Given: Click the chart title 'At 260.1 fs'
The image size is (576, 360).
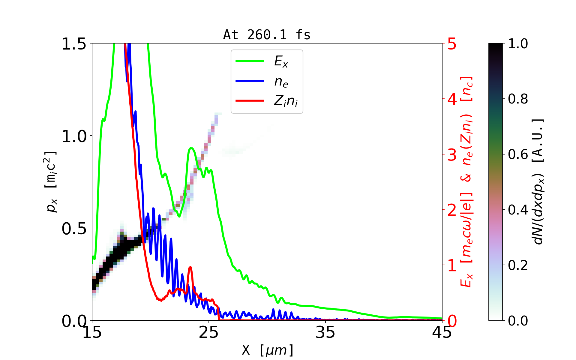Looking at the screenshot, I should (267, 35).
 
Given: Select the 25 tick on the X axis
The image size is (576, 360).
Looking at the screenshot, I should (209, 332).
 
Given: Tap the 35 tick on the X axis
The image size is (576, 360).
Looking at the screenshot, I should (325, 332).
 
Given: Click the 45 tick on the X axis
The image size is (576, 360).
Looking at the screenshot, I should (442, 332).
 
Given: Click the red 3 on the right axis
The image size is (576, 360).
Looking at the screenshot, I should (452, 155).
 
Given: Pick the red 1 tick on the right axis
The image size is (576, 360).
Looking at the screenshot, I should (452, 265).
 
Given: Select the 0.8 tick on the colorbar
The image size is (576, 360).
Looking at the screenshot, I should (518, 99).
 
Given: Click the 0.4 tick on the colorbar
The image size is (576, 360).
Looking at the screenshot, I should (518, 210).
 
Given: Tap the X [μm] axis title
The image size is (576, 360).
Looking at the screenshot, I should (268, 350).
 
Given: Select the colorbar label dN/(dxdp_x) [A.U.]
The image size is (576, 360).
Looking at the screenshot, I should (538, 182).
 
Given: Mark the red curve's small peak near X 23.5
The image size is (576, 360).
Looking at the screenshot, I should (190, 267).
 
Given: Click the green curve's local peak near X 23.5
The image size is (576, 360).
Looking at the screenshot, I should (191, 148).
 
